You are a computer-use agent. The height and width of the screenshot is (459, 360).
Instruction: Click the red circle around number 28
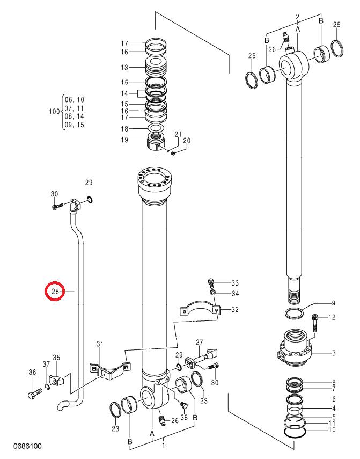[54, 292]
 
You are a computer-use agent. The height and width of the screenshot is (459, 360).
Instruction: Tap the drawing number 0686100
[27, 446]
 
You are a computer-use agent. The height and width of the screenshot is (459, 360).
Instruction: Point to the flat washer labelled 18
[156, 128]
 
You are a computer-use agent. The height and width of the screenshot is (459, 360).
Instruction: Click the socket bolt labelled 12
[315, 322]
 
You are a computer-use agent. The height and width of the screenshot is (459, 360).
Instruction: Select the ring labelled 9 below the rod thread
[294, 314]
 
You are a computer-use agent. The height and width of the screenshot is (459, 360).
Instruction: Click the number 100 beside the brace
[54, 112]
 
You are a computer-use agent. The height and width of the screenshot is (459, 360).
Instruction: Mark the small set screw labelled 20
[173, 153]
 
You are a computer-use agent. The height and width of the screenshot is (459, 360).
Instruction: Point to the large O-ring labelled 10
[296, 429]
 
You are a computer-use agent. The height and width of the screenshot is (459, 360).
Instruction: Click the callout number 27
[199, 342]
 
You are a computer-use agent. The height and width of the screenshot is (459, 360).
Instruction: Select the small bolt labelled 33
[211, 282]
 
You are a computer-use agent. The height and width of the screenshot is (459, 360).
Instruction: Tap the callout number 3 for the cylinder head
[334, 353]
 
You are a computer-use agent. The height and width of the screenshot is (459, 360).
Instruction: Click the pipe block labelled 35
[57, 381]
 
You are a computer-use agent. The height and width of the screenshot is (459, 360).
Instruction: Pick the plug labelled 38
[183, 405]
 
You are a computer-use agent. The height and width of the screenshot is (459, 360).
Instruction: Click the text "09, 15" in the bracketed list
[74, 125]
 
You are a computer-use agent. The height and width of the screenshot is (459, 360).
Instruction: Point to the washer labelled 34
[213, 293]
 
